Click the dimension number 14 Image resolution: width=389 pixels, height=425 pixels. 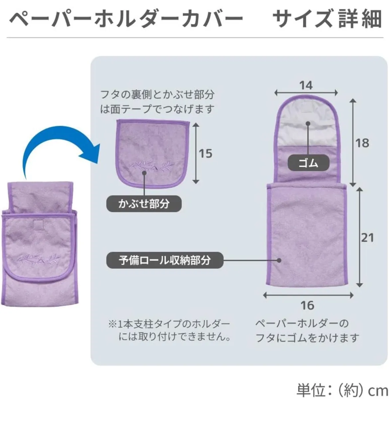[x=306, y=85]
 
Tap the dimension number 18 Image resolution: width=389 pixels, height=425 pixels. [x=362, y=143]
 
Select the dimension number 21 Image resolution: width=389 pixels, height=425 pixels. [x=367, y=238]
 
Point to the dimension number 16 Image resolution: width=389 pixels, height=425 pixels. [x=307, y=305]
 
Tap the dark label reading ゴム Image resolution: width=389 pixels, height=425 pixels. [x=308, y=163]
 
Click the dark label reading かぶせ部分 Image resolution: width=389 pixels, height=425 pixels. [x=144, y=203]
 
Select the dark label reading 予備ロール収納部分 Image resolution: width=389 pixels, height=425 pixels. [x=165, y=260]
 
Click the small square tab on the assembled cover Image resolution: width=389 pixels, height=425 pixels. [x=40, y=224]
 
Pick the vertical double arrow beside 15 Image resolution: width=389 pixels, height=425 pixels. [x=195, y=153]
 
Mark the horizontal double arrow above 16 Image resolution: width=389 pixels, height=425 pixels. [x=308, y=295]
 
